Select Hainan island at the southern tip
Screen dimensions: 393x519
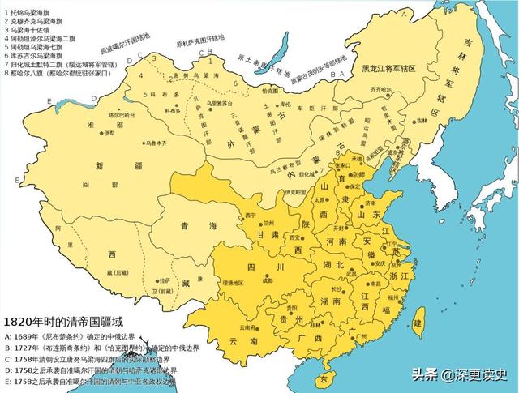325,378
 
